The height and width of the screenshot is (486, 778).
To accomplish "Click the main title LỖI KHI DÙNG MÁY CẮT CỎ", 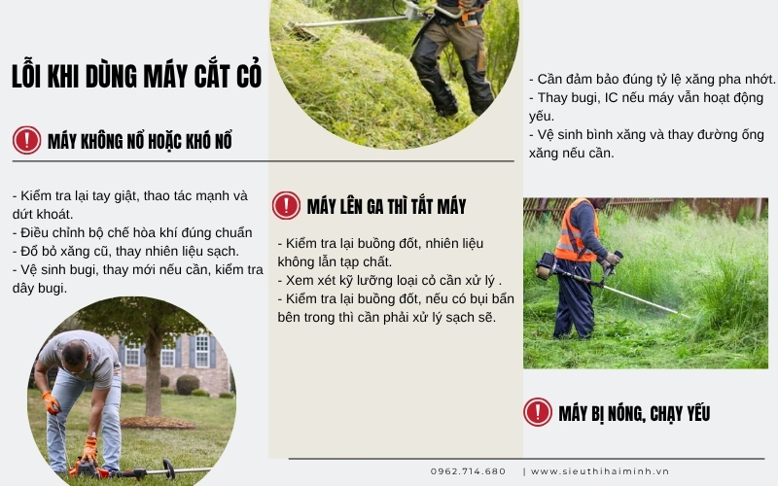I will pyautogui.click(x=136, y=77).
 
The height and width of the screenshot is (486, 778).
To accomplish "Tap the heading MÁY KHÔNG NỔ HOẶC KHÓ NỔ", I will pyautogui.click(x=140, y=142).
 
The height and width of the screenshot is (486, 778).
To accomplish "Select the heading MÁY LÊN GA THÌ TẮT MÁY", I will pyautogui.click(x=386, y=206).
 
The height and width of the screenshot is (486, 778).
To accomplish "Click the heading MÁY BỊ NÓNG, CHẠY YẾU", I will pyautogui.click(x=634, y=413).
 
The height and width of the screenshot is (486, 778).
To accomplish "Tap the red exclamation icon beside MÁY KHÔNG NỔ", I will pyautogui.click(x=26, y=141).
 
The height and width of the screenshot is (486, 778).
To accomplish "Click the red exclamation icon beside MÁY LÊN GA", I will pyautogui.click(x=286, y=205).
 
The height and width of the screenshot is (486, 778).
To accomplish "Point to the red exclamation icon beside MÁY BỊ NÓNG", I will pyautogui.click(x=537, y=412).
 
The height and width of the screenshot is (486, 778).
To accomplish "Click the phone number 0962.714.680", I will pyautogui.click(x=468, y=471).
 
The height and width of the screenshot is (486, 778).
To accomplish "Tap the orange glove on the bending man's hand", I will pyautogui.click(x=51, y=401).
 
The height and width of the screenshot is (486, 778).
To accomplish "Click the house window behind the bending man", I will pyautogui.click(x=201, y=351).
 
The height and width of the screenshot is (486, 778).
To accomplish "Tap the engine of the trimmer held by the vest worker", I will pyautogui.click(x=546, y=265).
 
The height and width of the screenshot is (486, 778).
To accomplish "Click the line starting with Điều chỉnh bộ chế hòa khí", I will pyautogui.click(x=132, y=232).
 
